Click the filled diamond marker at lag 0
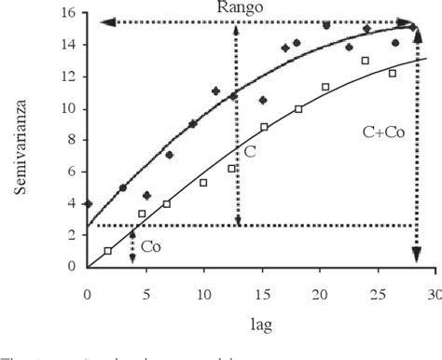[88, 203]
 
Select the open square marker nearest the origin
[108, 250]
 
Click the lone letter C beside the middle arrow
[250, 149]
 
